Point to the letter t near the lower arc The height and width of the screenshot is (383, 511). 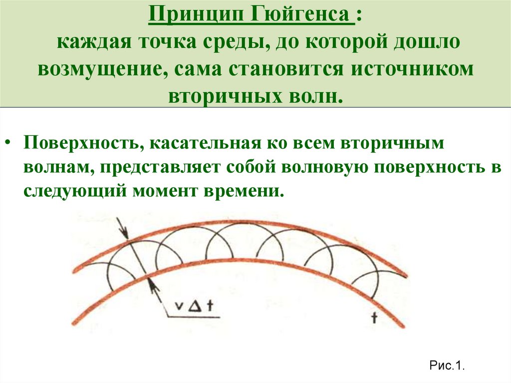click(373, 319)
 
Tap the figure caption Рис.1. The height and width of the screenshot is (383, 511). click(447, 366)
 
